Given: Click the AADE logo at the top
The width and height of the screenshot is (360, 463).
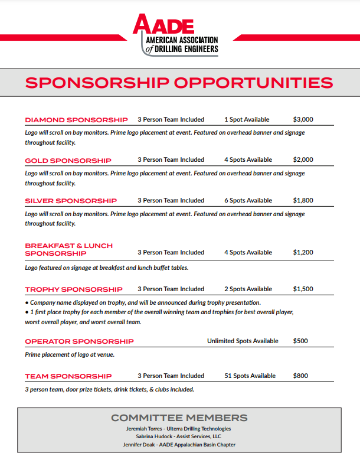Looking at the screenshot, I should pos(175,35).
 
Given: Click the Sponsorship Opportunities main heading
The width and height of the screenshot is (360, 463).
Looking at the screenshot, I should pos(179,82).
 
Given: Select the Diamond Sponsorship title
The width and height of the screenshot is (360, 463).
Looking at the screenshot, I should pos(76,120).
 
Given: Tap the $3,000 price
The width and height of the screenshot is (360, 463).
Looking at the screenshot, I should pos(303,119).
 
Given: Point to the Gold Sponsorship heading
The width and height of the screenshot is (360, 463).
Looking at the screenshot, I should pos(68,161).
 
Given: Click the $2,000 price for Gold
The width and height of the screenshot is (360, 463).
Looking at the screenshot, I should pos(303,159).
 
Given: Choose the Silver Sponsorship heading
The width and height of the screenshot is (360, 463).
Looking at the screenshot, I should pos(71,201).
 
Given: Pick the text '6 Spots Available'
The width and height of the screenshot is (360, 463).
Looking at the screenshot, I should pos(248,200).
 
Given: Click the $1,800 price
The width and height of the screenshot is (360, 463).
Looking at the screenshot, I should pos(303,200).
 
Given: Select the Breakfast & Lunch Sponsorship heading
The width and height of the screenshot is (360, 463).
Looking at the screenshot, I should pos(68,249).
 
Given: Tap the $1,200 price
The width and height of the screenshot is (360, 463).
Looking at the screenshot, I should pos(303,252).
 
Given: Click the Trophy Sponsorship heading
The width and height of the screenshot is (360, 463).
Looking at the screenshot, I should pos(74,289).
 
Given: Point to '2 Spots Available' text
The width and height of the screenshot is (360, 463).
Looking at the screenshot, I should pos(248,289).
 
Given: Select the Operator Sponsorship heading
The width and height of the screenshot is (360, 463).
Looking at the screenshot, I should pos(79,341).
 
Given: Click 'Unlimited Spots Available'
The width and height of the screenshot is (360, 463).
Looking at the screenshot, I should pos(243,341).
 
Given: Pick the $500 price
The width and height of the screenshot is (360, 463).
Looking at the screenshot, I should pos(300,341).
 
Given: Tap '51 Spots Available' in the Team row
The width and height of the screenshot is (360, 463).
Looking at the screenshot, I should pos(250,376).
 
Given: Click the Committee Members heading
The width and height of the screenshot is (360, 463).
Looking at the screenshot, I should pos(179,418).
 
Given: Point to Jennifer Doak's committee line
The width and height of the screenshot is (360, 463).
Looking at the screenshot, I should pos(179,444).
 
